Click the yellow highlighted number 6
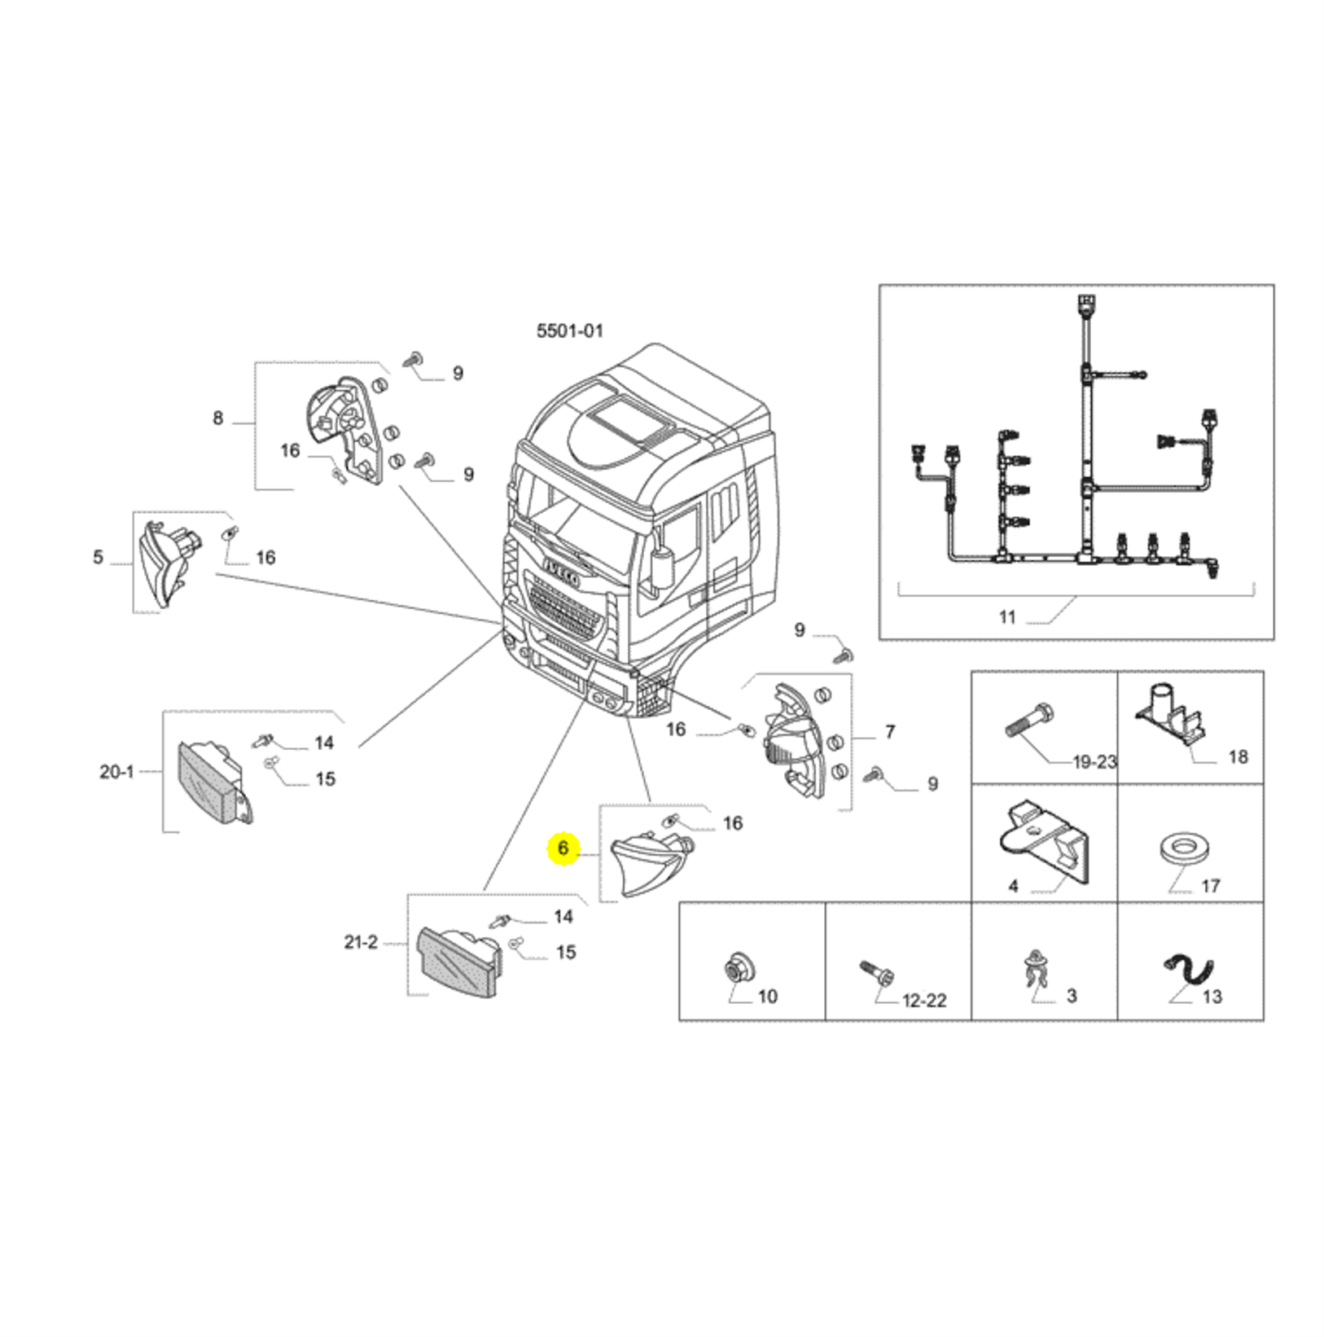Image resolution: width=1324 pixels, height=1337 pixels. click(x=563, y=848)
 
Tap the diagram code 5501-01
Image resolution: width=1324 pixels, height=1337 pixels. click(x=570, y=331)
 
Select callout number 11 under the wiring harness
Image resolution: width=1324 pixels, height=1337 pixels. click(x=1008, y=617)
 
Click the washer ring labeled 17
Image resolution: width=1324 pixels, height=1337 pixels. click(x=1182, y=847)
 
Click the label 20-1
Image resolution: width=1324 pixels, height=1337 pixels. click(x=116, y=771)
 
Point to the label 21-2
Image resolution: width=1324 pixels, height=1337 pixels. click(x=361, y=942)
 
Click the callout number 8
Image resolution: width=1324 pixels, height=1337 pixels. click(x=217, y=419)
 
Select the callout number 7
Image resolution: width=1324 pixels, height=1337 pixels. click(x=890, y=732)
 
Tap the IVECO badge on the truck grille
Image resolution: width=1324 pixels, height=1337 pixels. click(x=562, y=572)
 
